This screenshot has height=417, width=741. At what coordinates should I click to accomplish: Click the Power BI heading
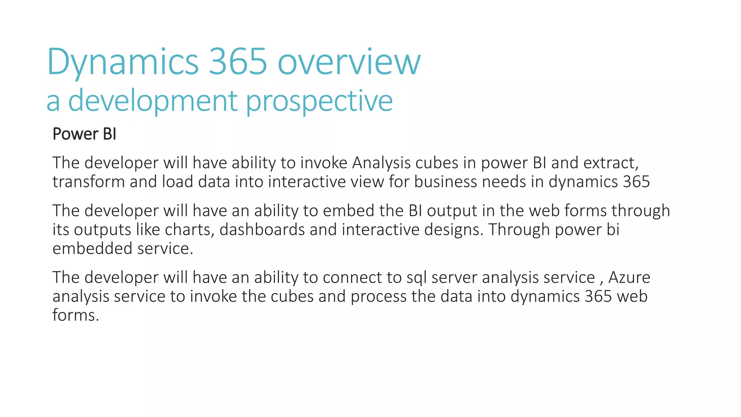click(x=84, y=134)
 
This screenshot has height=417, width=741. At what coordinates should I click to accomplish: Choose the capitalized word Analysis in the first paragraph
click(x=381, y=163)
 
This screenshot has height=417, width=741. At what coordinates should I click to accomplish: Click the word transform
click(x=89, y=182)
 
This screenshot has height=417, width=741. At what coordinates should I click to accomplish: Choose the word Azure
click(x=629, y=278)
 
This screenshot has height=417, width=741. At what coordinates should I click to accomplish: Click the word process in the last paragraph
click(x=378, y=296)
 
